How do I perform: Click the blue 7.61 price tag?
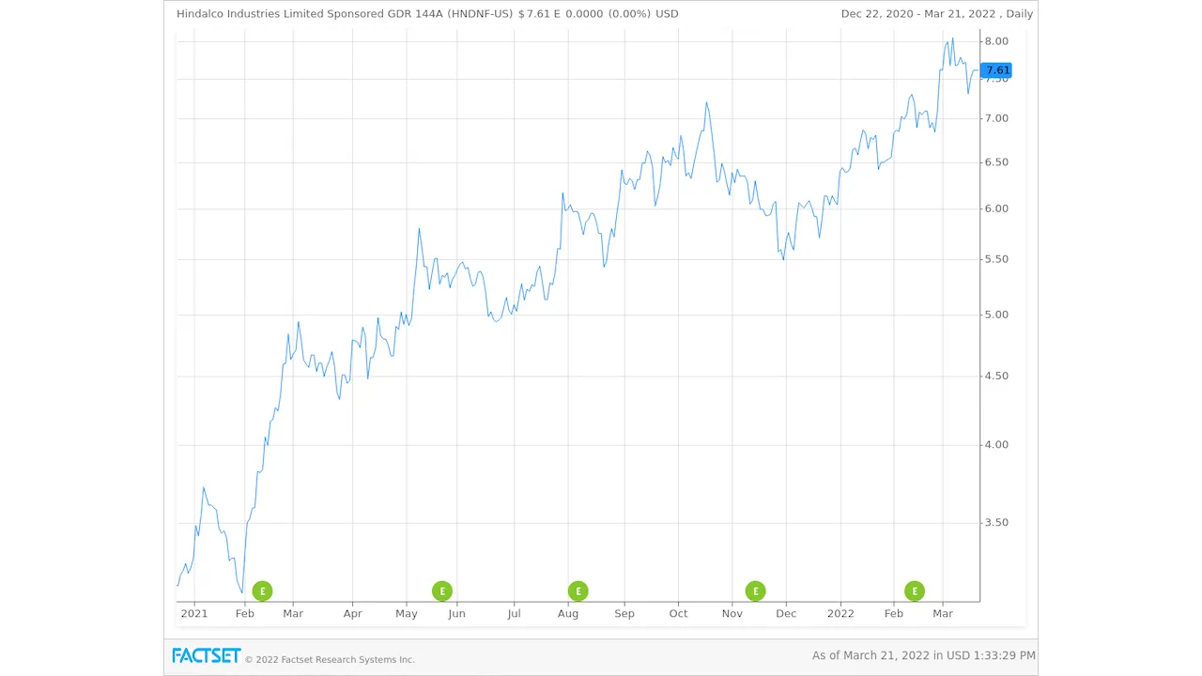tap(996, 70)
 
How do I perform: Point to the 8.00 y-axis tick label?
tap(996, 41)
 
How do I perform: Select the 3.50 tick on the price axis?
tap(996, 523)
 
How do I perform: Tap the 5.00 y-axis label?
tap(996, 315)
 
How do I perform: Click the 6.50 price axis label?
tap(996, 162)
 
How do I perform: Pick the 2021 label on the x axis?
tap(194, 614)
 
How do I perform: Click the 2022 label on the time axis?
tap(840, 614)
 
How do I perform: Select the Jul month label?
tap(514, 614)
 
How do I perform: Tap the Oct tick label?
tap(678, 614)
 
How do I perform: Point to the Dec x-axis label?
tap(786, 614)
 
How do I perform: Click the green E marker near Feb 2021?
tap(262, 591)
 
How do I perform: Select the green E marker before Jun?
tap(442, 591)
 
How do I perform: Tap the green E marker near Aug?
tap(578, 591)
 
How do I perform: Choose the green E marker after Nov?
tap(755, 591)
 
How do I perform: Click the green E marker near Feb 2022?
tap(915, 591)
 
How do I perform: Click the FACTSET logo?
tap(206, 655)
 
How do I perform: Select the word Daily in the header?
tap(1018, 14)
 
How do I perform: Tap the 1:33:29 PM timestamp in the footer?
tap(1003, 655)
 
